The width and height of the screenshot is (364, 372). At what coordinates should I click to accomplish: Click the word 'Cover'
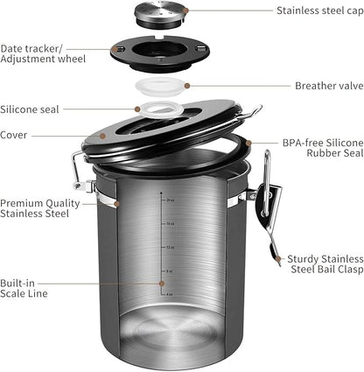(x=15, y=135)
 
